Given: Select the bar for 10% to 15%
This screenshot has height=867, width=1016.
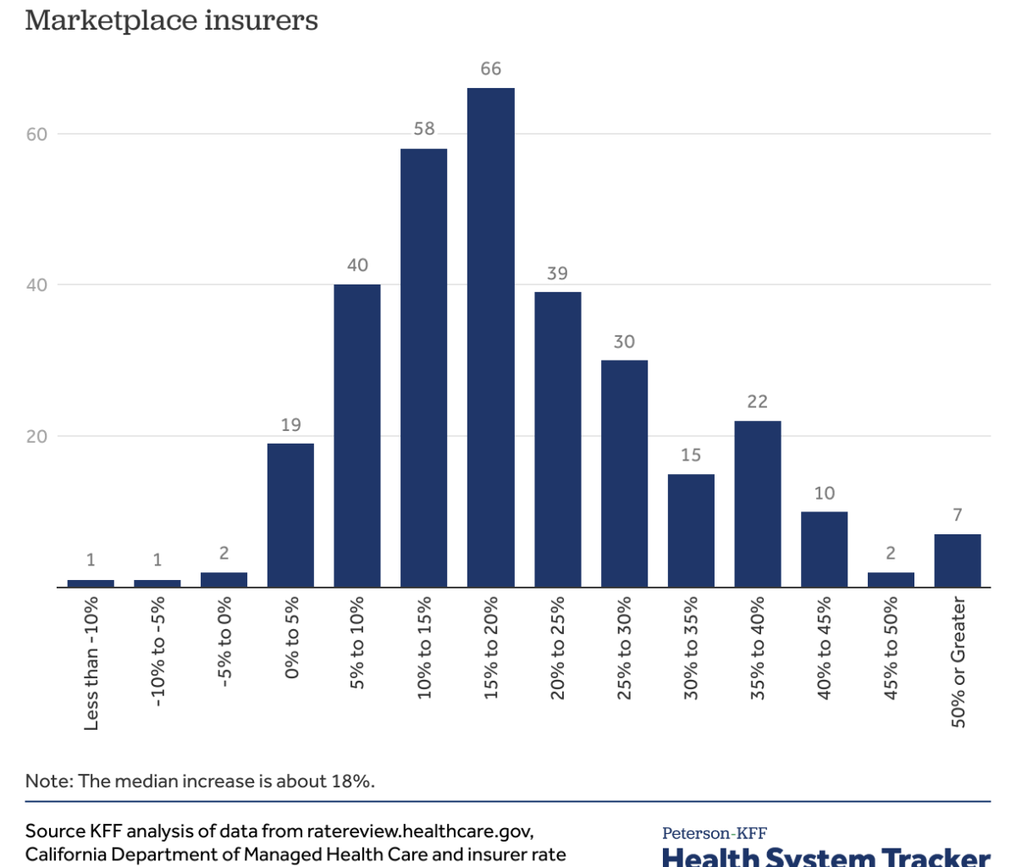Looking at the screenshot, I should tap(424, 367).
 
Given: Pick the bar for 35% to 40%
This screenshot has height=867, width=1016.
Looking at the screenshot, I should tap(758, 504).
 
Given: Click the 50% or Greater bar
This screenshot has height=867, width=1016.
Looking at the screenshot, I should tap(958, 561).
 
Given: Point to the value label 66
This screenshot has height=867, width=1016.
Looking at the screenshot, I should tap(491, 69).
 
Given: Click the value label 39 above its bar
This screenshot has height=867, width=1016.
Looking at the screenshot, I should tap(557, 273).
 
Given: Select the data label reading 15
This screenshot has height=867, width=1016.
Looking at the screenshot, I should tap(691, 456).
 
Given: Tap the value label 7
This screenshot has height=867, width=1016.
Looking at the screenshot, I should tap(958, 515).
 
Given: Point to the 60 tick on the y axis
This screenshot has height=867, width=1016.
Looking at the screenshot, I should tap(36, 134).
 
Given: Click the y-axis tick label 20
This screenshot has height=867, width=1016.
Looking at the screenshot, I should tap(36, 437).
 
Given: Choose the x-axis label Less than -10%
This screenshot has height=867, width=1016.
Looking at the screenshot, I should tap(91, 662).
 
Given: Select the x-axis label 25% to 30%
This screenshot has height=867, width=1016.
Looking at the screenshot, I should tap(625, 648).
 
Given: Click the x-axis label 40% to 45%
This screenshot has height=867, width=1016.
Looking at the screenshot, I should tap(825, 648).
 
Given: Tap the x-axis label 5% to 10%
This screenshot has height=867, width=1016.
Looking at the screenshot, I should tap(357, 643).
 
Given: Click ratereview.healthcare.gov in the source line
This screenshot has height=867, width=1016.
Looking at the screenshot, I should tap(419, 831).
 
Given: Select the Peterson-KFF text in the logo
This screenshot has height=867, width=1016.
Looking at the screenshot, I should tap(715, 834).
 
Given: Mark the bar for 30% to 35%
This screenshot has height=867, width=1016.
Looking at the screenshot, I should tap(691, 530).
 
